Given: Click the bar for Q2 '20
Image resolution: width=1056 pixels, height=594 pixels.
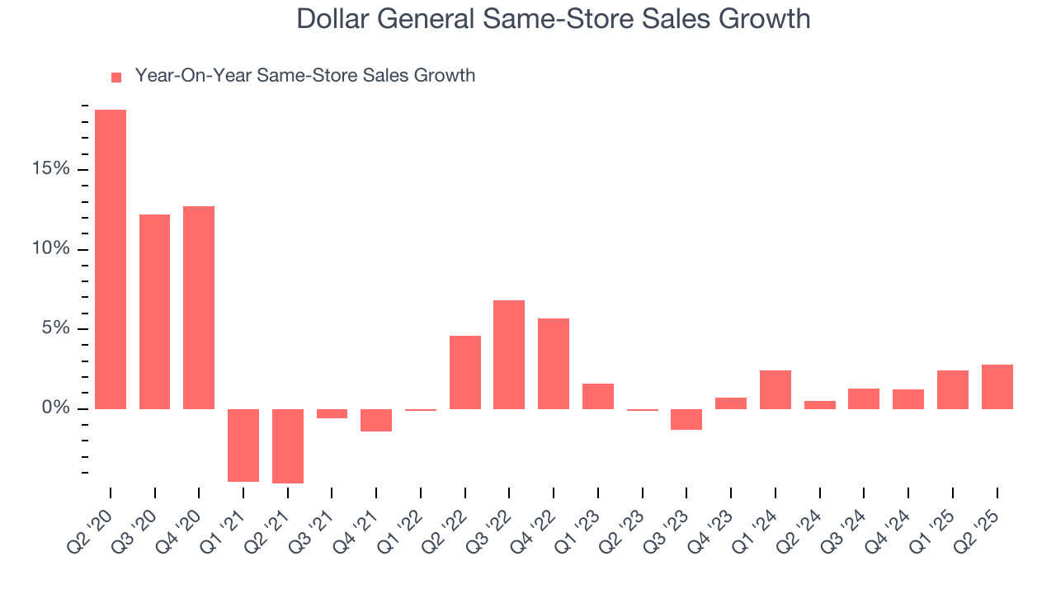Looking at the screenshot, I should point(111,259).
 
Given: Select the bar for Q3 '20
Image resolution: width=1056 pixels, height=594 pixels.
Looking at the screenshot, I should point(154,312).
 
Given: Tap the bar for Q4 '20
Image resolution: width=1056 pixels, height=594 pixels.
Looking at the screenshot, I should point(199,308).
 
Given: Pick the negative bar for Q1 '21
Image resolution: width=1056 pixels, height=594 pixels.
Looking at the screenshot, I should point(243,445).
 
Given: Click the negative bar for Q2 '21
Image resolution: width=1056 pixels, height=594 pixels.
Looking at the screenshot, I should point(288,446).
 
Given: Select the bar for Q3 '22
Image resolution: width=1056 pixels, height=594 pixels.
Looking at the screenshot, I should point(509,355).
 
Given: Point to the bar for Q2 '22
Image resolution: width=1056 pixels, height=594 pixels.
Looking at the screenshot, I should point(465,372).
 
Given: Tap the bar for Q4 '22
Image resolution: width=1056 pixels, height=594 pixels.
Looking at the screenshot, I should point(554,364).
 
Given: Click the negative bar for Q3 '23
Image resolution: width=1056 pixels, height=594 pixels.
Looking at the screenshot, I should point(686,419).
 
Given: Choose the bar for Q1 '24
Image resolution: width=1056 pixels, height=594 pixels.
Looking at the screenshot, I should point(775,389).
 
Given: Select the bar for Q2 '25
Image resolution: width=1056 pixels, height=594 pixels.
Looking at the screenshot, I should point(997,387).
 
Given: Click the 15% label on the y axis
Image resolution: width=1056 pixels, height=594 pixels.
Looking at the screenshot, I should point(51,169).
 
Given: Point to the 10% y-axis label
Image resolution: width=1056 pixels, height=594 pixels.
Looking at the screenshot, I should point(51,249).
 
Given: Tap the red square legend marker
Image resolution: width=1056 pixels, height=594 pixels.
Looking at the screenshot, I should point(116,77).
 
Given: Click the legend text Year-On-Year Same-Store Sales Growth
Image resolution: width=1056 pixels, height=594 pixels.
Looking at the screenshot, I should point(305,76).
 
